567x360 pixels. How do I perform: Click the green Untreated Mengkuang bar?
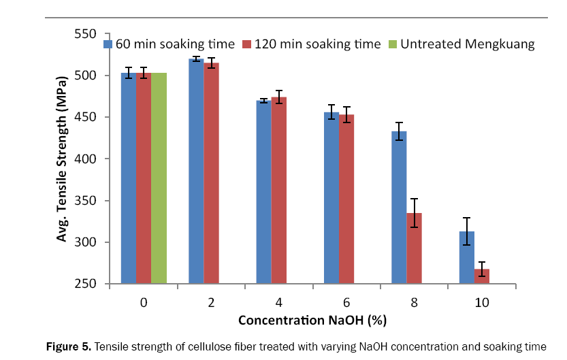point(159,178)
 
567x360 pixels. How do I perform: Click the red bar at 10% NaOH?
point(482,273)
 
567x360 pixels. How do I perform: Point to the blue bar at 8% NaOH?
point(399,208)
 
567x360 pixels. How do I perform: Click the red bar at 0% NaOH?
point(144,178)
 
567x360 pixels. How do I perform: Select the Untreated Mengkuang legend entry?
point(462,44)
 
